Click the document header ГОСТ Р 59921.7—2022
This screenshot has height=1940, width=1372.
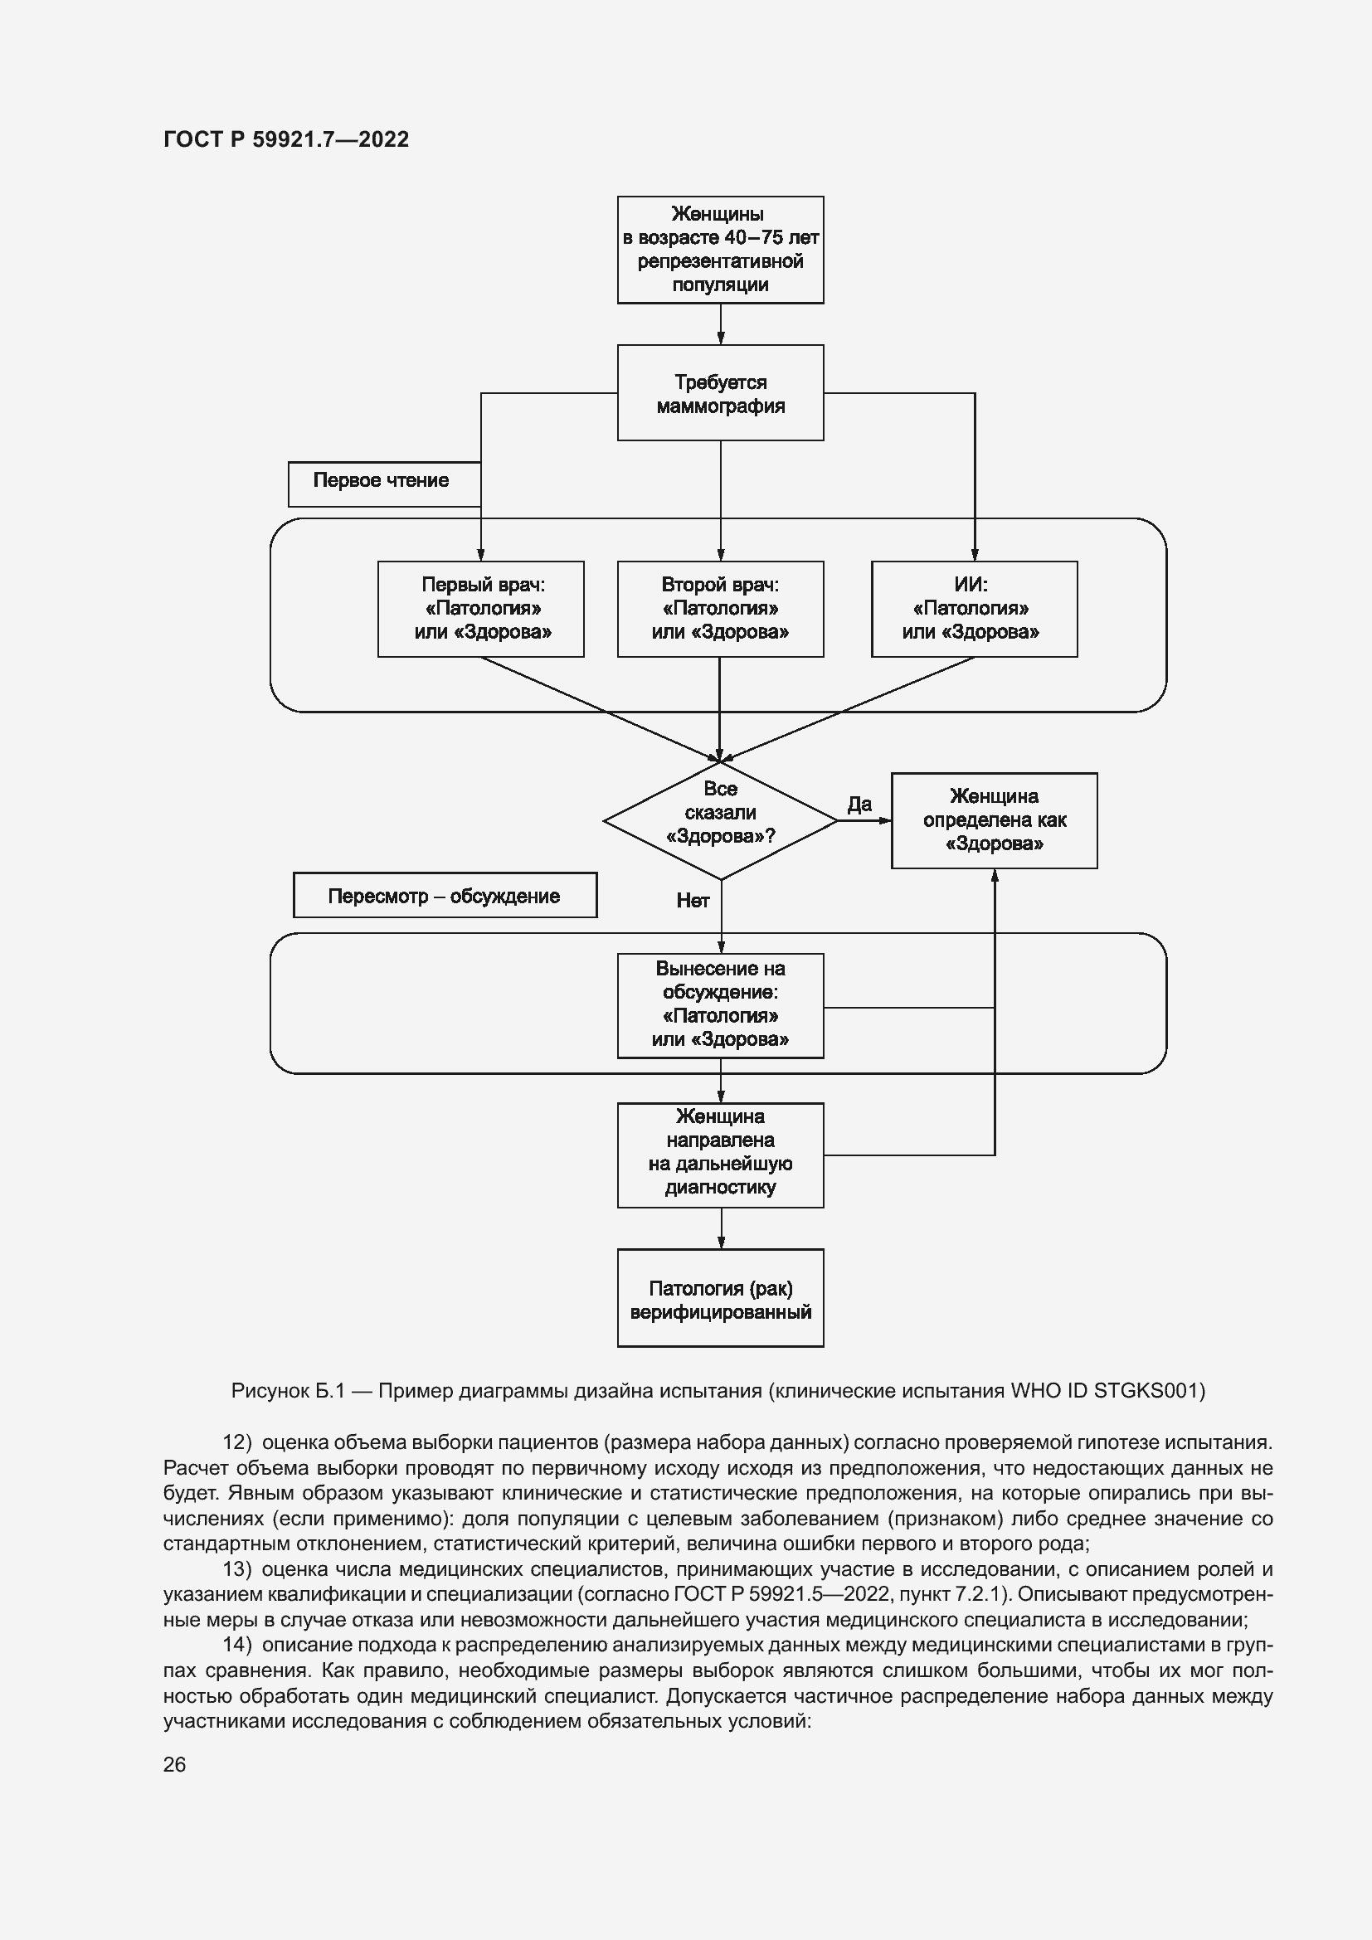tap(285, 139)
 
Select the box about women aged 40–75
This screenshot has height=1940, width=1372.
tap(720, 250)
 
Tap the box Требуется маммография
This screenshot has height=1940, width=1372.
tap(720, 393)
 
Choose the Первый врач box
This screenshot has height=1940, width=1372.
tap(481, 608)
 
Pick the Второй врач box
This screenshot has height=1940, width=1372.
tap(720, 608)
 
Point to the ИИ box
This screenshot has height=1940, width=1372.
tap(973, 608)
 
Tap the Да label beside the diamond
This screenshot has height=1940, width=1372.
tap(859, 805)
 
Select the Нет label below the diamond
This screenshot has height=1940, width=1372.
tap(693, 901)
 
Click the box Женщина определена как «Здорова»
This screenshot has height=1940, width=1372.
tap(994, 819)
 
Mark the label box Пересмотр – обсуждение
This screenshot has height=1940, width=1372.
tap(445, 896)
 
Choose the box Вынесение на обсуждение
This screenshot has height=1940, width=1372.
tap(720, 1005)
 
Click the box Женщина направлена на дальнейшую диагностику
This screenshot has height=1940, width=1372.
tap(720, 1155)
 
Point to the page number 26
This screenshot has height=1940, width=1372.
tap(175, 1764)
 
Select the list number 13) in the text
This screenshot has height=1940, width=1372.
tap(237, 1569)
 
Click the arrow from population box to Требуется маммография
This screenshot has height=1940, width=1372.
tap(721, 323)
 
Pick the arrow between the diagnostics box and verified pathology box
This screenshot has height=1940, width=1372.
tap(721, 1228)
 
